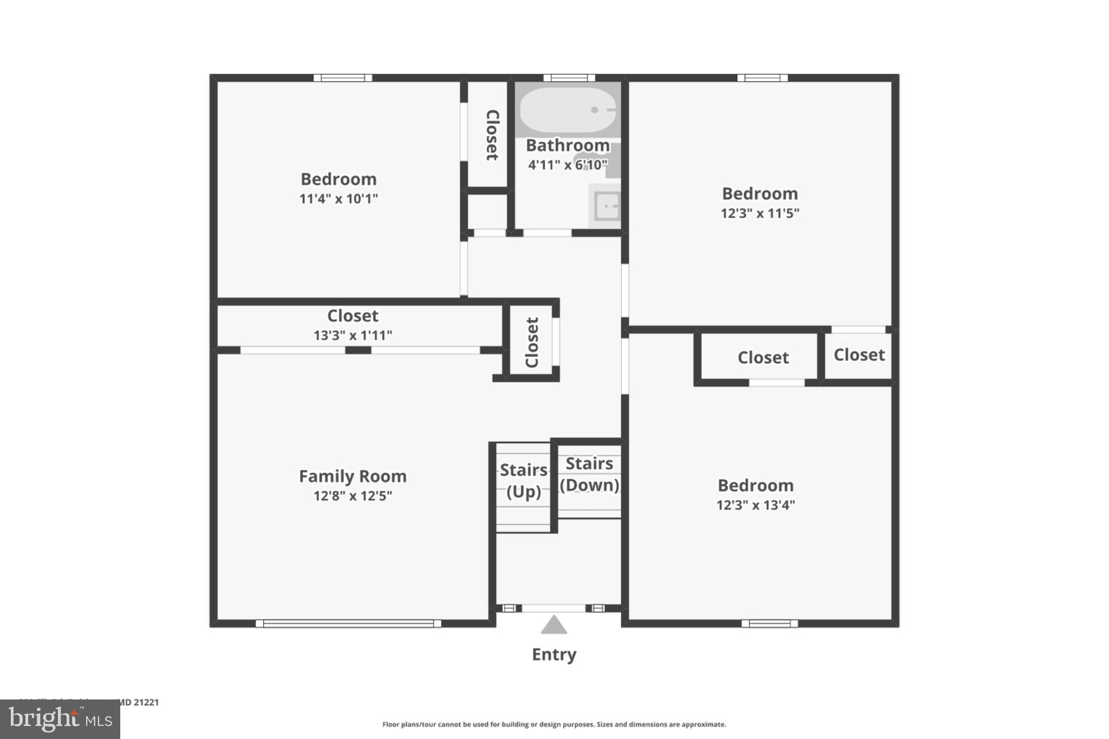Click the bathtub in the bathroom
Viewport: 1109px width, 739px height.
(x=567, y=110)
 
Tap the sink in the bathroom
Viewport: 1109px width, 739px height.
(x=606, y=206)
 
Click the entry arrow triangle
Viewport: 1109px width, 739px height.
(x=553, y=625)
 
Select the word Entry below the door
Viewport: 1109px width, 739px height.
(x=554, y=655)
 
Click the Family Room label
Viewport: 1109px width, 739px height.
(x=353, y=476)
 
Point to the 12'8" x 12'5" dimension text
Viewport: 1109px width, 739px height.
(x=353, y=496)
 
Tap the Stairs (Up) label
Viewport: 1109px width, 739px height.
(x=523, y=481)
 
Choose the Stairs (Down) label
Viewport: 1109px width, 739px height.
(x=589, y=474)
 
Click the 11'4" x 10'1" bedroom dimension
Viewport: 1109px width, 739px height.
(x=338, y=199)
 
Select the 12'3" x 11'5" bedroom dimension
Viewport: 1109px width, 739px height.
(x=760, y=213)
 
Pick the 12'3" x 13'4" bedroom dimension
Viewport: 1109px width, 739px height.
(x=755, y=505)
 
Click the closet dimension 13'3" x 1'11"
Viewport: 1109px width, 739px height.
(x=353, y=336)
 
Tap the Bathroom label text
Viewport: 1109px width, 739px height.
(x=567, y=146)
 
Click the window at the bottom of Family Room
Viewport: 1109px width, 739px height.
(x=348, y=624)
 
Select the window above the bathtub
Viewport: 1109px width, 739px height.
(x=569, y=78)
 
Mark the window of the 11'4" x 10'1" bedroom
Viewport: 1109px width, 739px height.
(x=343, y=78)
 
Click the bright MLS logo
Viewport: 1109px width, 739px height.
(x=60, y=720)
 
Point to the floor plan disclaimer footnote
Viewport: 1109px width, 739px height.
(x=554, y=724)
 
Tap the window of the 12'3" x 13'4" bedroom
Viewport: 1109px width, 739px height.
(x=769, y=624)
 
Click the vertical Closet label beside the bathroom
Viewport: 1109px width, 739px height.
(x=492, y=135)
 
